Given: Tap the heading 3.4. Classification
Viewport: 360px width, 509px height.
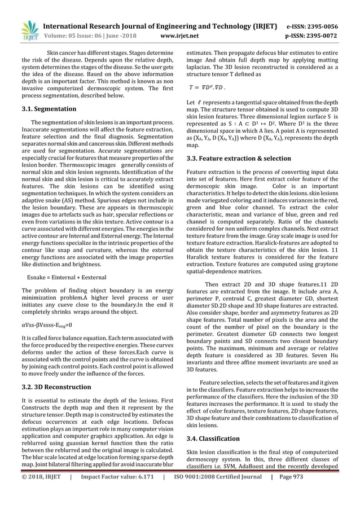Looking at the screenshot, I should point(217,438).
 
